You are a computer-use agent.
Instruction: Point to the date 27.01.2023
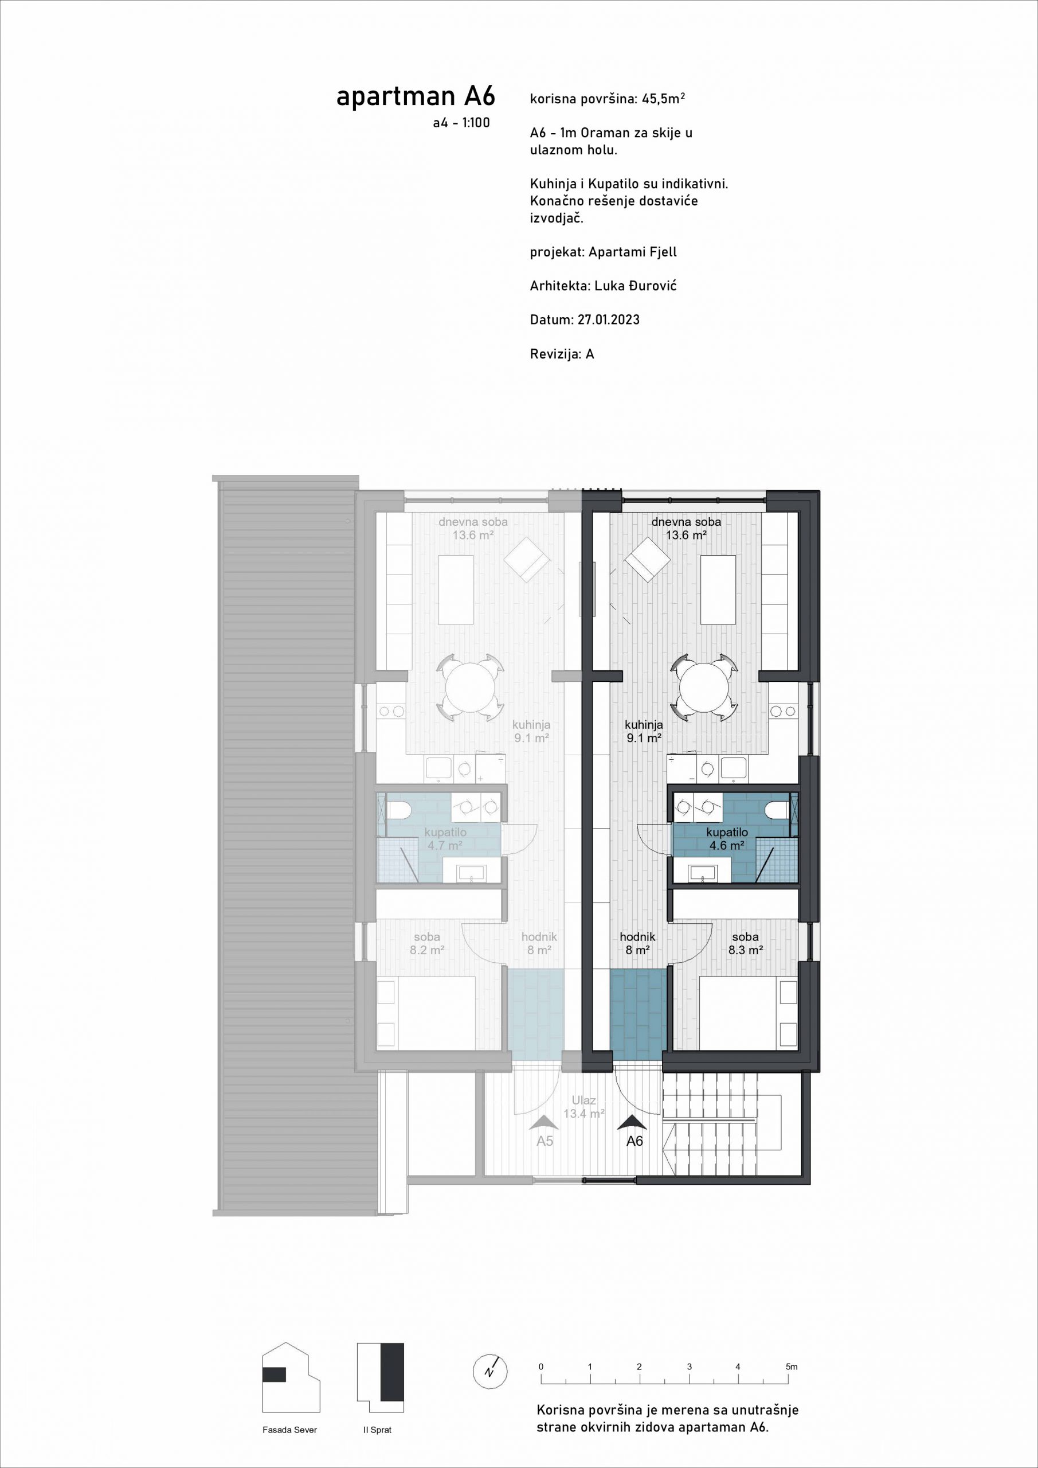[609, 319]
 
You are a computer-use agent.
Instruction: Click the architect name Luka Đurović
[635, 286]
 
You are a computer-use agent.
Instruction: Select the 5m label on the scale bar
[792, 1367]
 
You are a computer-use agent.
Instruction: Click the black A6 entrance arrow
[633, 1122]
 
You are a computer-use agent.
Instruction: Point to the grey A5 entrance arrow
[544, 1122]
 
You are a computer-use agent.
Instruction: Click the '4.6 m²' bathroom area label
[727, 845]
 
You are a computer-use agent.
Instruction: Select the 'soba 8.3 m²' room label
[746, 944]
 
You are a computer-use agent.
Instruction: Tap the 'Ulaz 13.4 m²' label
[584, 1107]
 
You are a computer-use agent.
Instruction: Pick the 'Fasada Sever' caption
[289, 1430]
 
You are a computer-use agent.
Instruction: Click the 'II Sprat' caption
[377, 1430]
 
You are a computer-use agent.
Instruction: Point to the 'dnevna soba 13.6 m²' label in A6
[687, 528]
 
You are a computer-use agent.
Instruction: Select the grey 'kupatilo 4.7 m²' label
[445, 839]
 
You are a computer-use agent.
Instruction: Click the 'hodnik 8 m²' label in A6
[638, 944]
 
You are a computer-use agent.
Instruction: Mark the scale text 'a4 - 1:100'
[461, 123]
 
